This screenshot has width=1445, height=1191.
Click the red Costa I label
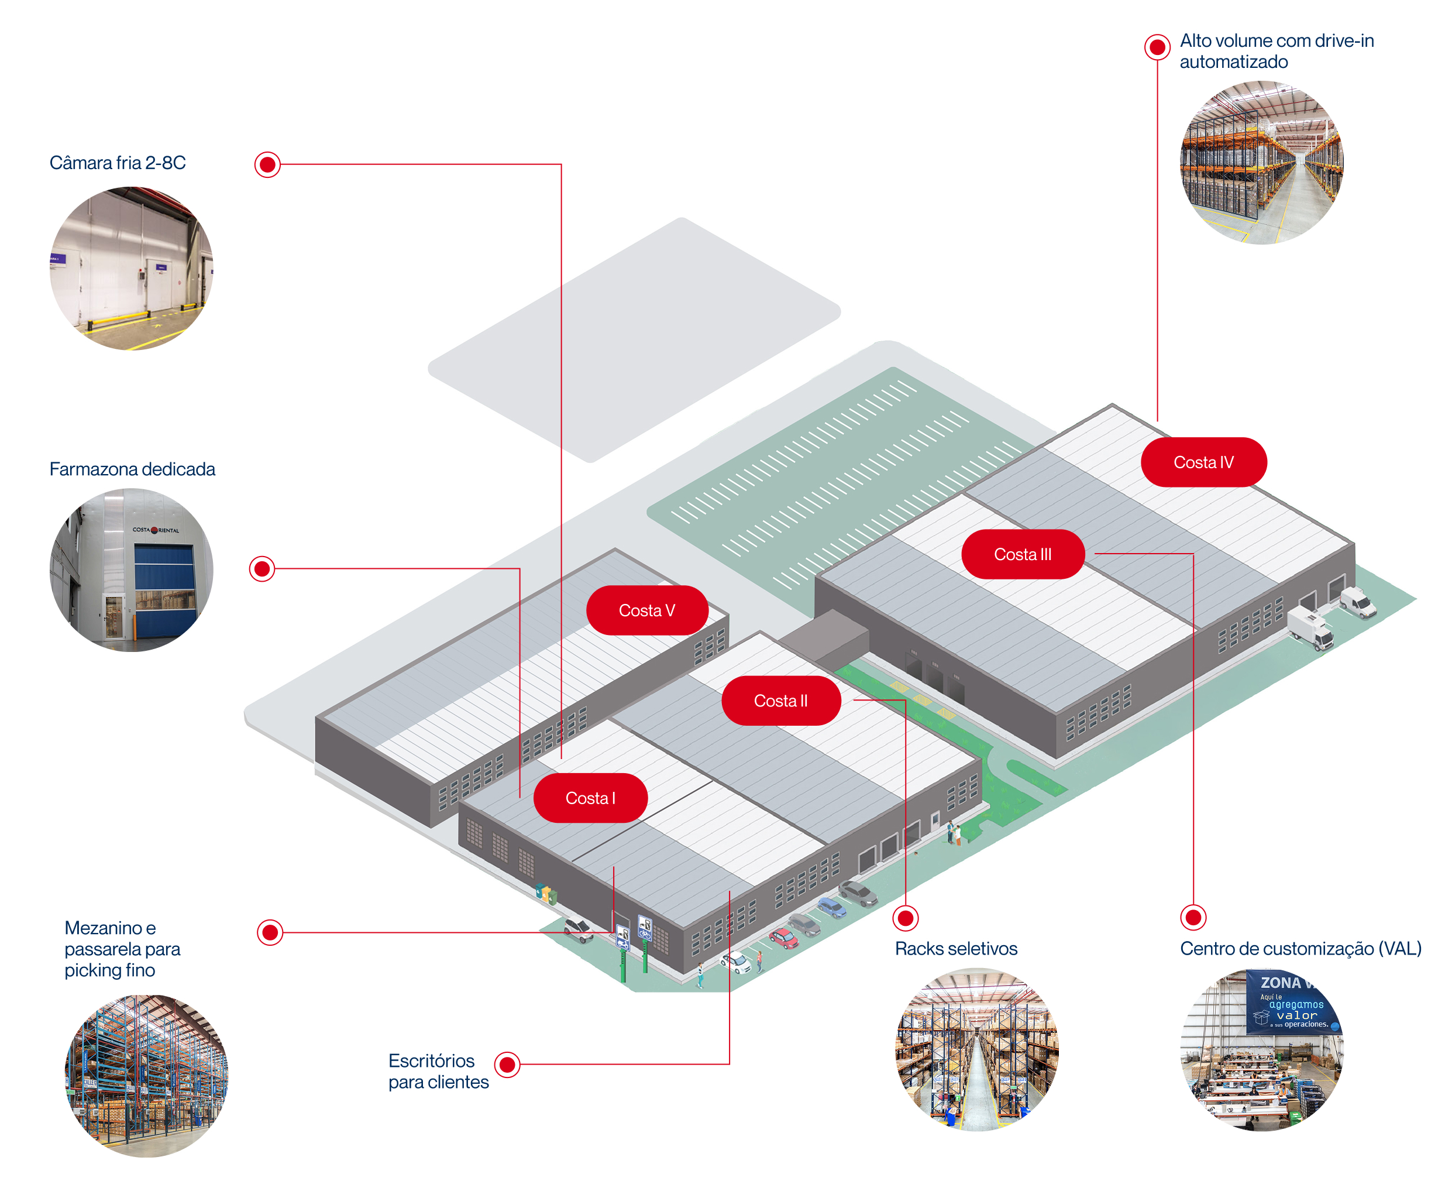(590, 798)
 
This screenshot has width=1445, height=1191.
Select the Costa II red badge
(780, 701)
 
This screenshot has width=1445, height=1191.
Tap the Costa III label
(1022, 554)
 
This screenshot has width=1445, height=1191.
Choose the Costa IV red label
(1203, 462)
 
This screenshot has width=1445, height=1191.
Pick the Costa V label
(646, 610)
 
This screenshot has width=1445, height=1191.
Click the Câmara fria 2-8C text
(117, 163)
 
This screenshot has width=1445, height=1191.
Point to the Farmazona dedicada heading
(132, 469)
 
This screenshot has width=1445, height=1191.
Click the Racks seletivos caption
(955, 949)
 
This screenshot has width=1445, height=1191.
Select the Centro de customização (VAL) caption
(1299, 949)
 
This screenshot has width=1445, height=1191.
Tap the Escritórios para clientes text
(438, 1071)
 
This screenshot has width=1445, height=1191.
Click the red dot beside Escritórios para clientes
(507, 1065)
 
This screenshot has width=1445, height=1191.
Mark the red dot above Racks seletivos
(905, 918)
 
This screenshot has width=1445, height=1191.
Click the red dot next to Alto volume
(1157, 47)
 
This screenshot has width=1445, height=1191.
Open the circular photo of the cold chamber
(131, 268)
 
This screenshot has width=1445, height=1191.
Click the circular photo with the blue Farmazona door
(131, 569)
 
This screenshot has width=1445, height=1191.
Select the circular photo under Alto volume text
(1261, 163)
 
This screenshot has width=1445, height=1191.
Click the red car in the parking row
(783, 937)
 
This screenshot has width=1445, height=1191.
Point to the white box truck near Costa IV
(1310, 628)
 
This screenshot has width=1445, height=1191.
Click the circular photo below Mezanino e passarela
(146, 1076)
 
